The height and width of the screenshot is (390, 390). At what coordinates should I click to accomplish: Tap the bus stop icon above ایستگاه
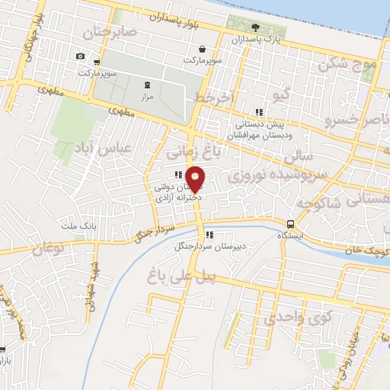coord(290,224)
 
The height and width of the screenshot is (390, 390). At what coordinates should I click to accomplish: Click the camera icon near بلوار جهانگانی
coord(81,56)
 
